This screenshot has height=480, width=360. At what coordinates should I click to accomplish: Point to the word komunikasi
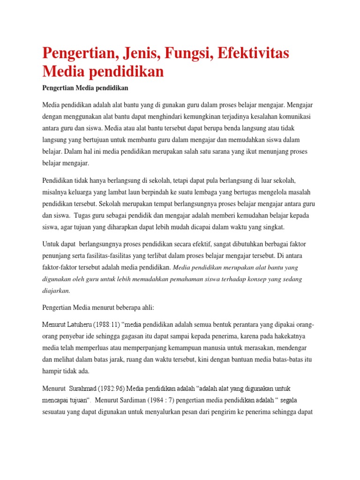296,116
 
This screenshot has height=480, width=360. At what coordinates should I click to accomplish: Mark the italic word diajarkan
56,291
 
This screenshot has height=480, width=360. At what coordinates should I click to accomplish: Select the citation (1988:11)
108,325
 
